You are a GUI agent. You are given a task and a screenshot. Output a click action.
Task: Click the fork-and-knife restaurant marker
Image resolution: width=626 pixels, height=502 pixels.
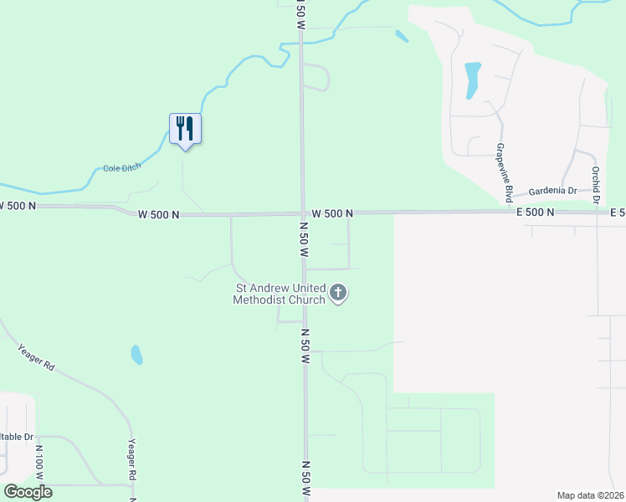pos(185,129)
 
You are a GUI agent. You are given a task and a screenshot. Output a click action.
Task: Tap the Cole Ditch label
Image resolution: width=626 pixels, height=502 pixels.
pos(122,168)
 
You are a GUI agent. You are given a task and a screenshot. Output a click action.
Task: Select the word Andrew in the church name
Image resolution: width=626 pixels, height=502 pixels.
pos(276,289)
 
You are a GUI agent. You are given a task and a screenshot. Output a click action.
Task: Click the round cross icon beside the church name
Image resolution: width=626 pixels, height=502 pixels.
pos(338,293)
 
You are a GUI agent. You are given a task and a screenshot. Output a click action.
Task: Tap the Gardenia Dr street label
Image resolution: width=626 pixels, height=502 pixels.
pos(549,191)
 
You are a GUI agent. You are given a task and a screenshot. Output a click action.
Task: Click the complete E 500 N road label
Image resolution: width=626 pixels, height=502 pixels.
pos(536,213)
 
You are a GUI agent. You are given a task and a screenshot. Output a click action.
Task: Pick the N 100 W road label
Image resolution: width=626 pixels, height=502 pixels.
pos(38,461)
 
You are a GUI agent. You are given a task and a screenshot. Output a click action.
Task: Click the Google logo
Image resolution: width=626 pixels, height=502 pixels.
pos(28,491)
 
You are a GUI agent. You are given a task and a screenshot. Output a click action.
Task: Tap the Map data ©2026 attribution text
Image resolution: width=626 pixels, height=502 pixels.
pos(591,495)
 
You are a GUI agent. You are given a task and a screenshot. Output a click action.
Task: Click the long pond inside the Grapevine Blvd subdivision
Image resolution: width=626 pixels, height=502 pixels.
pos(472,79)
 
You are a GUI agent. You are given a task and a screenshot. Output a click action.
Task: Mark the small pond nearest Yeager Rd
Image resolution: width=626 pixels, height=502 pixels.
pos(136,355)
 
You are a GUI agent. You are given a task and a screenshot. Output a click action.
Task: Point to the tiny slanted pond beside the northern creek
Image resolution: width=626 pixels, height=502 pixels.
pos(402,36)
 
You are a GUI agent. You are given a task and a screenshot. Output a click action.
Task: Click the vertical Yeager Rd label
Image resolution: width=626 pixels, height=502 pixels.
pos(131,459)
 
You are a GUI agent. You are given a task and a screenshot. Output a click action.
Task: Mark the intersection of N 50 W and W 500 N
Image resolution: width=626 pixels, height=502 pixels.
pos(303,213)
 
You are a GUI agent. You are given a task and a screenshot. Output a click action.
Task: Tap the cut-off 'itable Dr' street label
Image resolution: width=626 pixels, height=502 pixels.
pos(17,437)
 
